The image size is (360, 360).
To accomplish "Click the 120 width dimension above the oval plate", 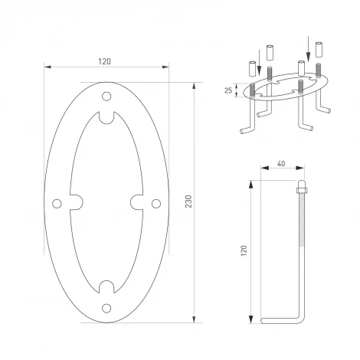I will coord(106,61).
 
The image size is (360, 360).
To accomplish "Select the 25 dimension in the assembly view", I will coord(227,90).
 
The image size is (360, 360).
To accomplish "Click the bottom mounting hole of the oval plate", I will coord(106,309).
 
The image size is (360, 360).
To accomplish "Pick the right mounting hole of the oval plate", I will coord(156,202).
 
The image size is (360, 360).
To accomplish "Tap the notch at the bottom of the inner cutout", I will coord(106,287).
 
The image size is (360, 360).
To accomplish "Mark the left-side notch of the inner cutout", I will coord(77,202).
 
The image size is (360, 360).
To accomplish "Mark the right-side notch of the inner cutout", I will coord(136,202).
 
